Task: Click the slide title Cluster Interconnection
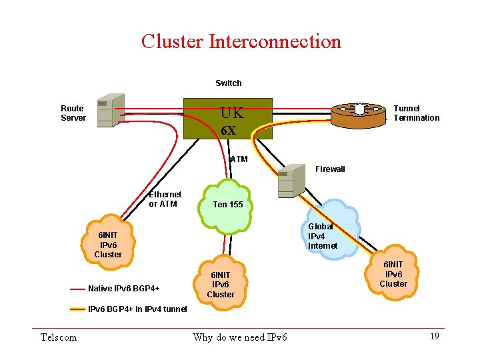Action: click(241, 41)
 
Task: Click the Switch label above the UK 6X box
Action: click(228, 83)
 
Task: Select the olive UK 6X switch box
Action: click(228, 119)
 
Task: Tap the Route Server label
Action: click(73, 113)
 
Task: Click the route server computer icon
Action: click(109, 110)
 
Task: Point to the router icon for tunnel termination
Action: click(359, 114)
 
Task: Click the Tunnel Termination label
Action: click(416, 113)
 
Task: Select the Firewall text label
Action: click(330, 169)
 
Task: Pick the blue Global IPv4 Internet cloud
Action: click(324, 235)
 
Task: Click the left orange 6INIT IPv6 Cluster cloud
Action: click(108, 245)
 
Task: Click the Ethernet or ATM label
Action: click(165, 199)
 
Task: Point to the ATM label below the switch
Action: click(238, 159)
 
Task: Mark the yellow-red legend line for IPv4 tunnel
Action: click(77, 309)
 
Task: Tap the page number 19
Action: click(434, 337)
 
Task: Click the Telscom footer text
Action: click(59, 337)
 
